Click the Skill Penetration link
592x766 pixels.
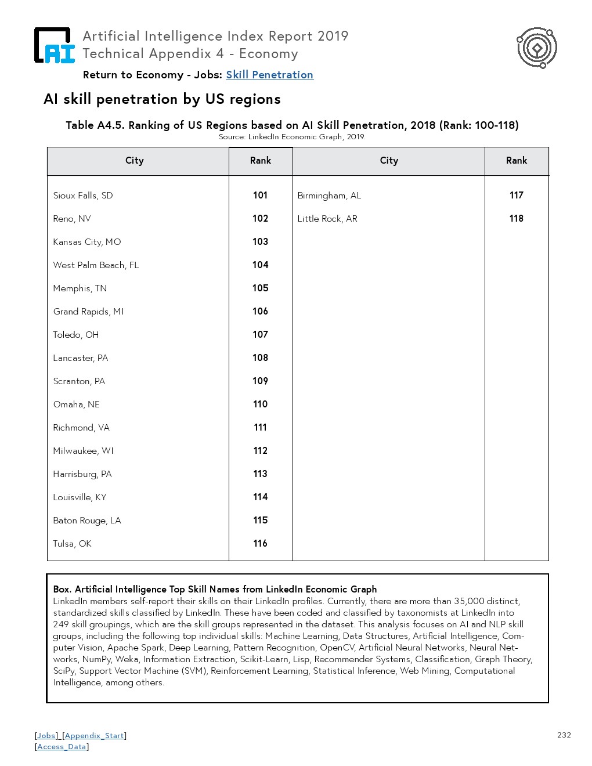tap(269, 75)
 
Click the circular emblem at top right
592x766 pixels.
tap(537, 48)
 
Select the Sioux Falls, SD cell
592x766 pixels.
tap(83, 196)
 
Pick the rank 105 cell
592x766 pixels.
tap(260, 288)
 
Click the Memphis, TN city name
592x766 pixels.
tap(80, 288)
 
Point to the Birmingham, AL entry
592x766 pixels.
tap(329, 196)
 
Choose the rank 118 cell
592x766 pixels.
tap(516, 219)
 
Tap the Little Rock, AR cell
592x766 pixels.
tap(327, 219)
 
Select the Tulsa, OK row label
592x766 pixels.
tap(72, 544)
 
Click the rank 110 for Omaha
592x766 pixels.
tap(260, 404)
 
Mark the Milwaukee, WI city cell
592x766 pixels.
tap(83, 451)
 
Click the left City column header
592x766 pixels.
tap(134, 161)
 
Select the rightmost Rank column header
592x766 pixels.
tap(516, 161)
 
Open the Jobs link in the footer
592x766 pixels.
tap(46, 736)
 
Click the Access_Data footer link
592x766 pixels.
tap(62, 747)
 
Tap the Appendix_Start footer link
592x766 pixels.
tap(95, 736)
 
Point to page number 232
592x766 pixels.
tap(564, 735)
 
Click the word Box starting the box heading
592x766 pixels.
tap(62, 590)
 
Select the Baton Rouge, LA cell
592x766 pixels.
tap(87, 521)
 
